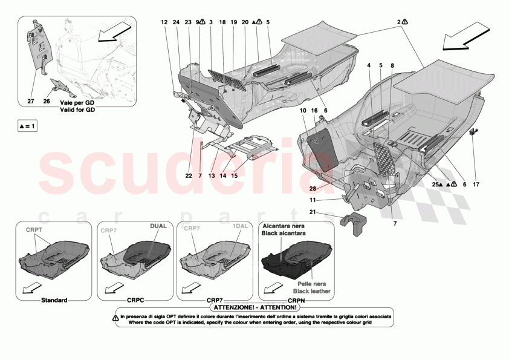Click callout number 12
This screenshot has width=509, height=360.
pos(164,22)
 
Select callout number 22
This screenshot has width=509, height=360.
pos(189,175)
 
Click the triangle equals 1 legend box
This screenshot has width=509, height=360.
pos(27,126)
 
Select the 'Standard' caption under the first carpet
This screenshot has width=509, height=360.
pos(54,301)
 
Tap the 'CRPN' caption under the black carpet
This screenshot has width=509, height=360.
pos(296,301)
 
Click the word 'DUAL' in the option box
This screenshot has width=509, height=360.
pos(158,226)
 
